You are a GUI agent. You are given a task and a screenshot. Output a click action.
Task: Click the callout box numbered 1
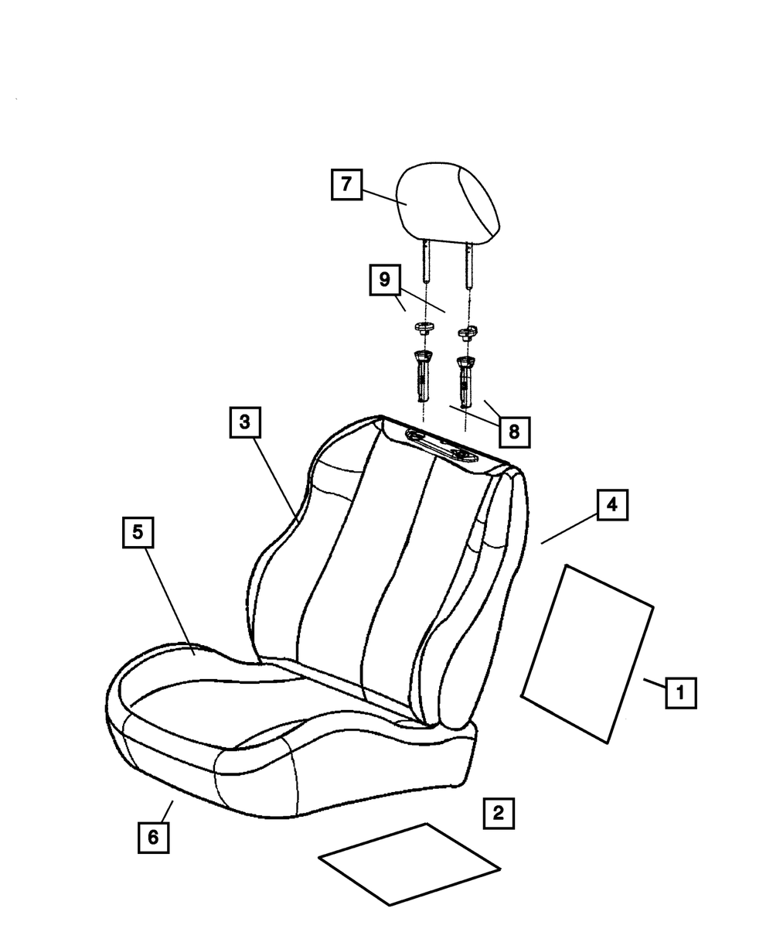click(680, 693)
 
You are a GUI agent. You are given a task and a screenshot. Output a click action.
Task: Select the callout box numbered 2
click(498, 813)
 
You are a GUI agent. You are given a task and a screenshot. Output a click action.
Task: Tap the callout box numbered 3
click(244, 422)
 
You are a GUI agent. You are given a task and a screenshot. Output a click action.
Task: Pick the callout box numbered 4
click(611, 505)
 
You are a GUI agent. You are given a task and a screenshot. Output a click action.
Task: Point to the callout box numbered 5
click(138, 532)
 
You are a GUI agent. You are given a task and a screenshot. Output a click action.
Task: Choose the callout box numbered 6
click(153, 837)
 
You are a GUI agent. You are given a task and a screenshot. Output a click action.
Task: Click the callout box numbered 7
click(346, 185)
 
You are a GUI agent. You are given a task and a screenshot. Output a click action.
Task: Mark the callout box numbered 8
click(514, 431)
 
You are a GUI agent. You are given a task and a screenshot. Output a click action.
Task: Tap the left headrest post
click(425, 262)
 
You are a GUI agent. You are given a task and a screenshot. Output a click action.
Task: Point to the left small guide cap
click(422, 330)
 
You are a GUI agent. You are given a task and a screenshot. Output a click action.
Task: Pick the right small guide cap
click(465, 333)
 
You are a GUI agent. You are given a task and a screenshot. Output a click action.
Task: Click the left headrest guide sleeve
click(422, 376)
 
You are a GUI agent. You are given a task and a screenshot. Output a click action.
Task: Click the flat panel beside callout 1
click(587, 654)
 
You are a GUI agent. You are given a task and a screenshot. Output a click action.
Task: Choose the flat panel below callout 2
click(410, 863)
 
